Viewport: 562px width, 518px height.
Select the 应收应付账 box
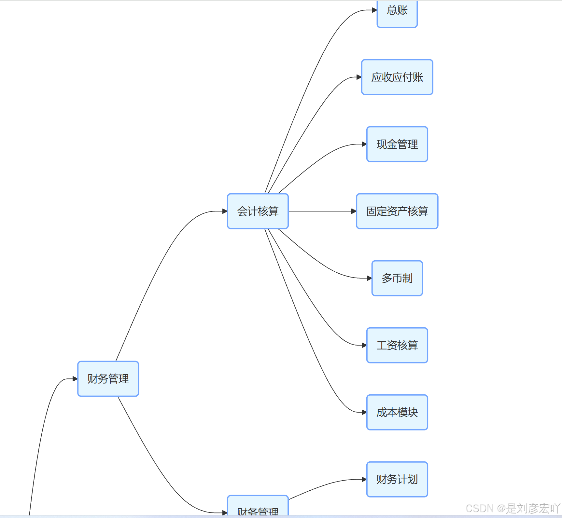pos(397,77)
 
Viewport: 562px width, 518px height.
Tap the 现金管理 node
pos(397,144)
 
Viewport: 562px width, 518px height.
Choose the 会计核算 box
pos(258,211)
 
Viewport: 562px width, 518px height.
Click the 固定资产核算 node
pos(397,211)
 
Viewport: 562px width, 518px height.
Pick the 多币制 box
pos(397,278)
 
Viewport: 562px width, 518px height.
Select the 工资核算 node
pos(397,345)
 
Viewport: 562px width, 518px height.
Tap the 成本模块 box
pos(397,412)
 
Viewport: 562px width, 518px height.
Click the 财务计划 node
pos(397,479)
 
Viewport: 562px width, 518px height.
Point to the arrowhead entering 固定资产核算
pos(354,211)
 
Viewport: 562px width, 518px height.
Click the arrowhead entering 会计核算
pos(225,211)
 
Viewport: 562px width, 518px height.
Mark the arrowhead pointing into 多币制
pos(369,278)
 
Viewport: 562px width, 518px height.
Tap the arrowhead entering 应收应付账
pos(359,77)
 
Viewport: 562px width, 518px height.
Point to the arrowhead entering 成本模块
pos(364,412)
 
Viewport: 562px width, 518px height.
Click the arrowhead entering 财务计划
pos(364,479)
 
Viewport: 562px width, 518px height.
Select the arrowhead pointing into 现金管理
pos(364,144)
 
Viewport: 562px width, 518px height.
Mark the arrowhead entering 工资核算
pos(364,345)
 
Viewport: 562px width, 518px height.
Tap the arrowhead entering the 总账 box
pos(374,10)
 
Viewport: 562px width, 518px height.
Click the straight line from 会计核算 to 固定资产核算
pos(321,211)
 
